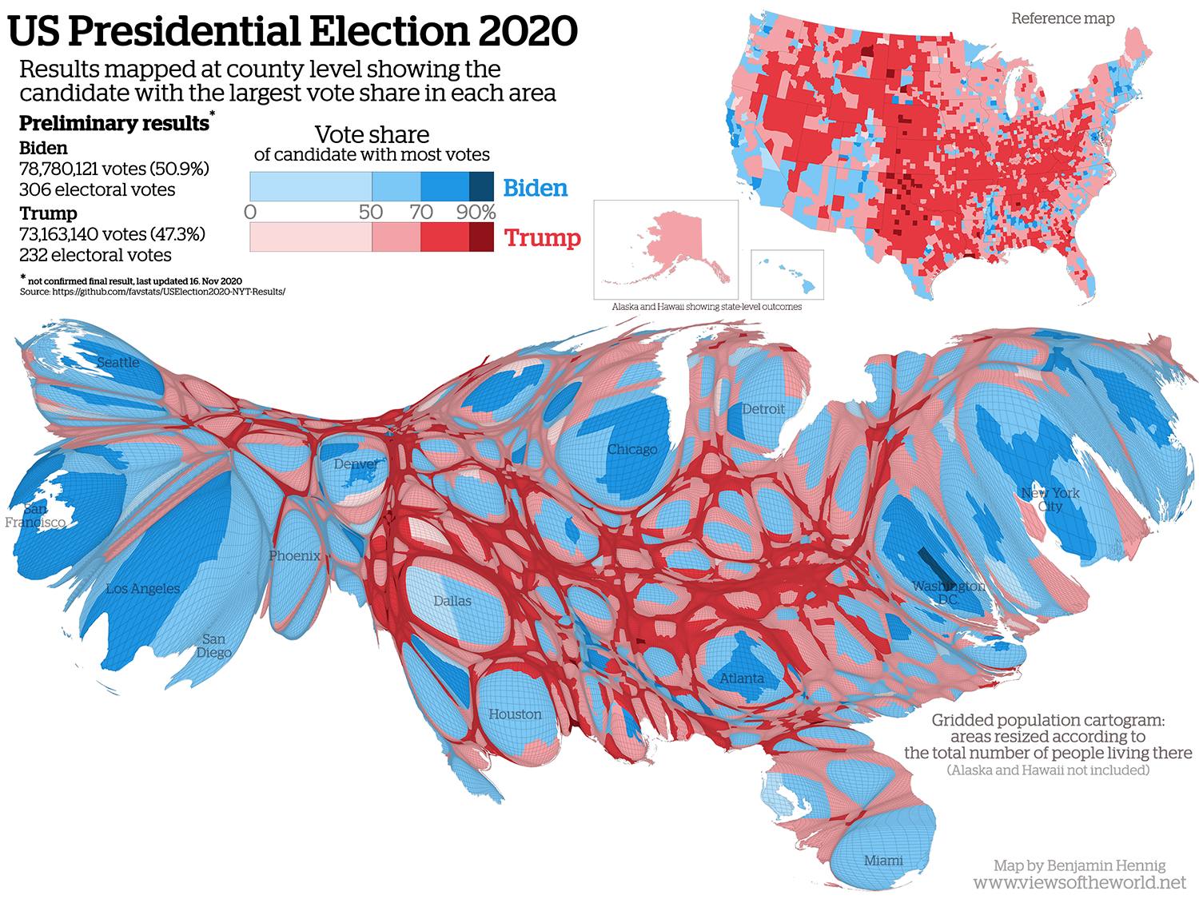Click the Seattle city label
pos(118,363)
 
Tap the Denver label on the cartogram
pos(357,464)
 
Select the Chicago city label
pos(631,450)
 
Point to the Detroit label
pos(763,409)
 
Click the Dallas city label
pos(452,601)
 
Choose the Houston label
pos(515,714)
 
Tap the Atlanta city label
pos(742,678)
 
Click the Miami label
pos(883,861)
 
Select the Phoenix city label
pos(294,556)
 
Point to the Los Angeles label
pos(143,589)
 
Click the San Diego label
pos(213,646)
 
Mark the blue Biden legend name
pos(535,188)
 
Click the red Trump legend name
pos(542,238)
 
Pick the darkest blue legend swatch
pos(481,186)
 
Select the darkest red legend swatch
pos(481,237)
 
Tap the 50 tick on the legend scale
pos(371,212)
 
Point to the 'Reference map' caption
pos(1062,18)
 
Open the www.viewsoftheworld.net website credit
pos(1079,883)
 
